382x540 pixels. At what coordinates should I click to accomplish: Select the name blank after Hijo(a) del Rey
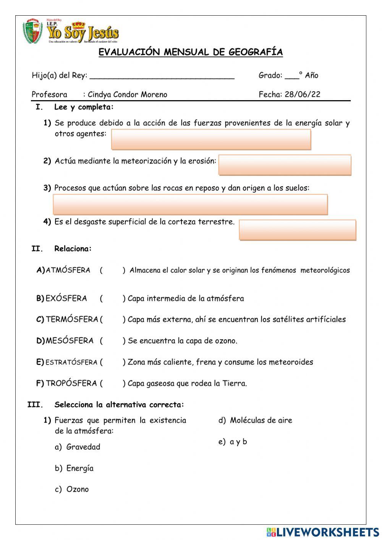coord(162,76)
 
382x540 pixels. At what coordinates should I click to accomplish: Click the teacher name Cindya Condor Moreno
coord(128,94)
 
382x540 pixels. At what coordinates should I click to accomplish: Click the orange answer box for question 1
coord(211,139)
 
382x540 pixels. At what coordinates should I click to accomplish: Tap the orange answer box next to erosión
coord(285,165)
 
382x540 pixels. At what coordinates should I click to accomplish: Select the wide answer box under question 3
coord(190,204)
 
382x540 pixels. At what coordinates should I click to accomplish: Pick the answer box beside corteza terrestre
coord(297,230)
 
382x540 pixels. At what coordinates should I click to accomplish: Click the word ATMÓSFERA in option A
coord(68,270)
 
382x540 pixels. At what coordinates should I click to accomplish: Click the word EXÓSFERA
coord(66,298)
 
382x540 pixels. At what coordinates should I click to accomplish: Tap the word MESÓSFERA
coord(70,341)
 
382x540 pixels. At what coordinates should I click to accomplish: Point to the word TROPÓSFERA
coord(71,383)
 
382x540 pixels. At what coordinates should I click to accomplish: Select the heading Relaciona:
coord(73,249)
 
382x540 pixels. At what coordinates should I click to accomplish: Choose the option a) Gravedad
coord(78,447)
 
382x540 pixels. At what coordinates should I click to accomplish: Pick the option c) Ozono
coord(72,489)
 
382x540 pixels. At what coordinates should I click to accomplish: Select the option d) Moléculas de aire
coord(256,420)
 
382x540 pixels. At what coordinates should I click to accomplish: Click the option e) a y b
coord(233,442)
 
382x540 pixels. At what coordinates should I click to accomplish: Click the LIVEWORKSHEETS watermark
coord(322,532)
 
